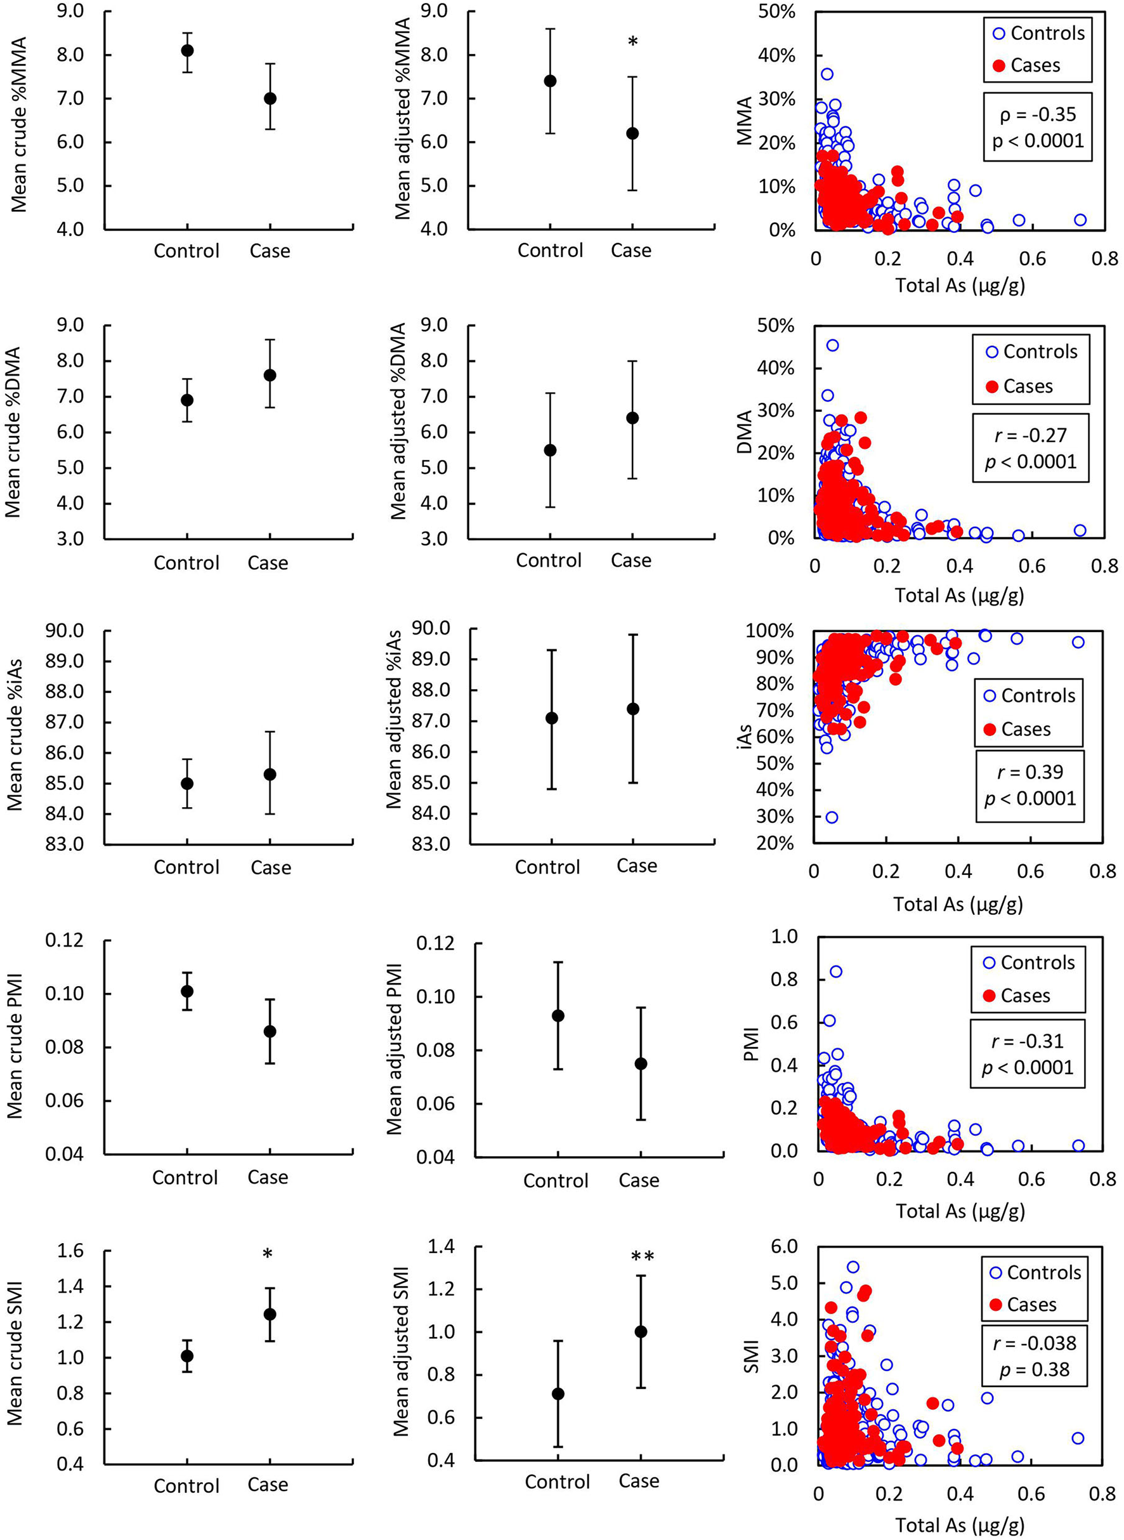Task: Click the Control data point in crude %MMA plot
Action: (x=187, y=50)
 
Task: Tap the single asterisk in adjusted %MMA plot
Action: (x=633, y=42)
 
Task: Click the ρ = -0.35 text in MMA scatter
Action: (x=1038, y=114)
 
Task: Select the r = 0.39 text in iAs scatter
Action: (x=1030, y=772)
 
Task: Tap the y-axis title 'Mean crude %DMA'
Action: (x=13, y=431)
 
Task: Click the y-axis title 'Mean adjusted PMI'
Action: (x=395, y=1049)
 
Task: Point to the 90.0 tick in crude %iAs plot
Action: (x=64, y=630)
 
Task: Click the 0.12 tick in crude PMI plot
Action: (x=64, y=940)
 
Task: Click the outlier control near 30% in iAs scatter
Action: (x=832, y=817)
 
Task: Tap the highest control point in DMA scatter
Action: (x=832, y=345)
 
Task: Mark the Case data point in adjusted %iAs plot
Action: (x=634, y=709)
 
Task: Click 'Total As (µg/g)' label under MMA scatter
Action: (x=960, y=285)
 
